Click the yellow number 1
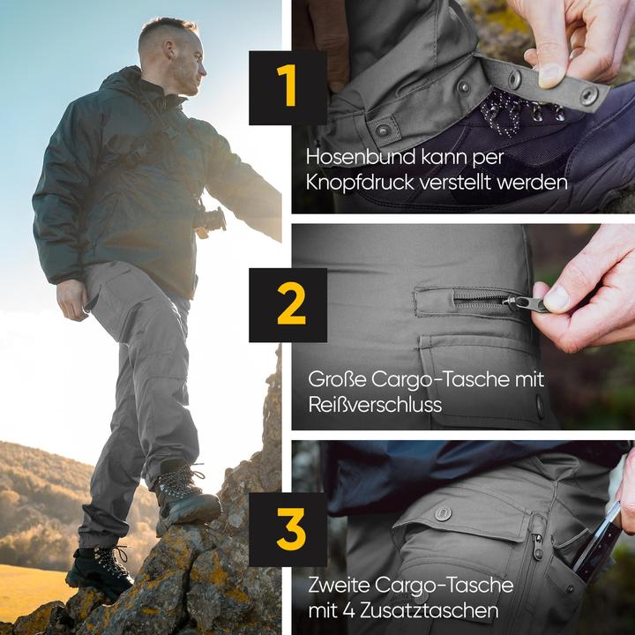[x=288, y=87]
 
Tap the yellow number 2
[x=290, y=305]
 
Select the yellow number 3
[x=289, y=528]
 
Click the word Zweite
[x=339, y=584]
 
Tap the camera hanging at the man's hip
[x=211, y=220]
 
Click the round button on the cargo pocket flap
[x=443, y=512]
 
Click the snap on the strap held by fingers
[x=587, y=94]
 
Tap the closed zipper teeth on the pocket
[x=482, y=300]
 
